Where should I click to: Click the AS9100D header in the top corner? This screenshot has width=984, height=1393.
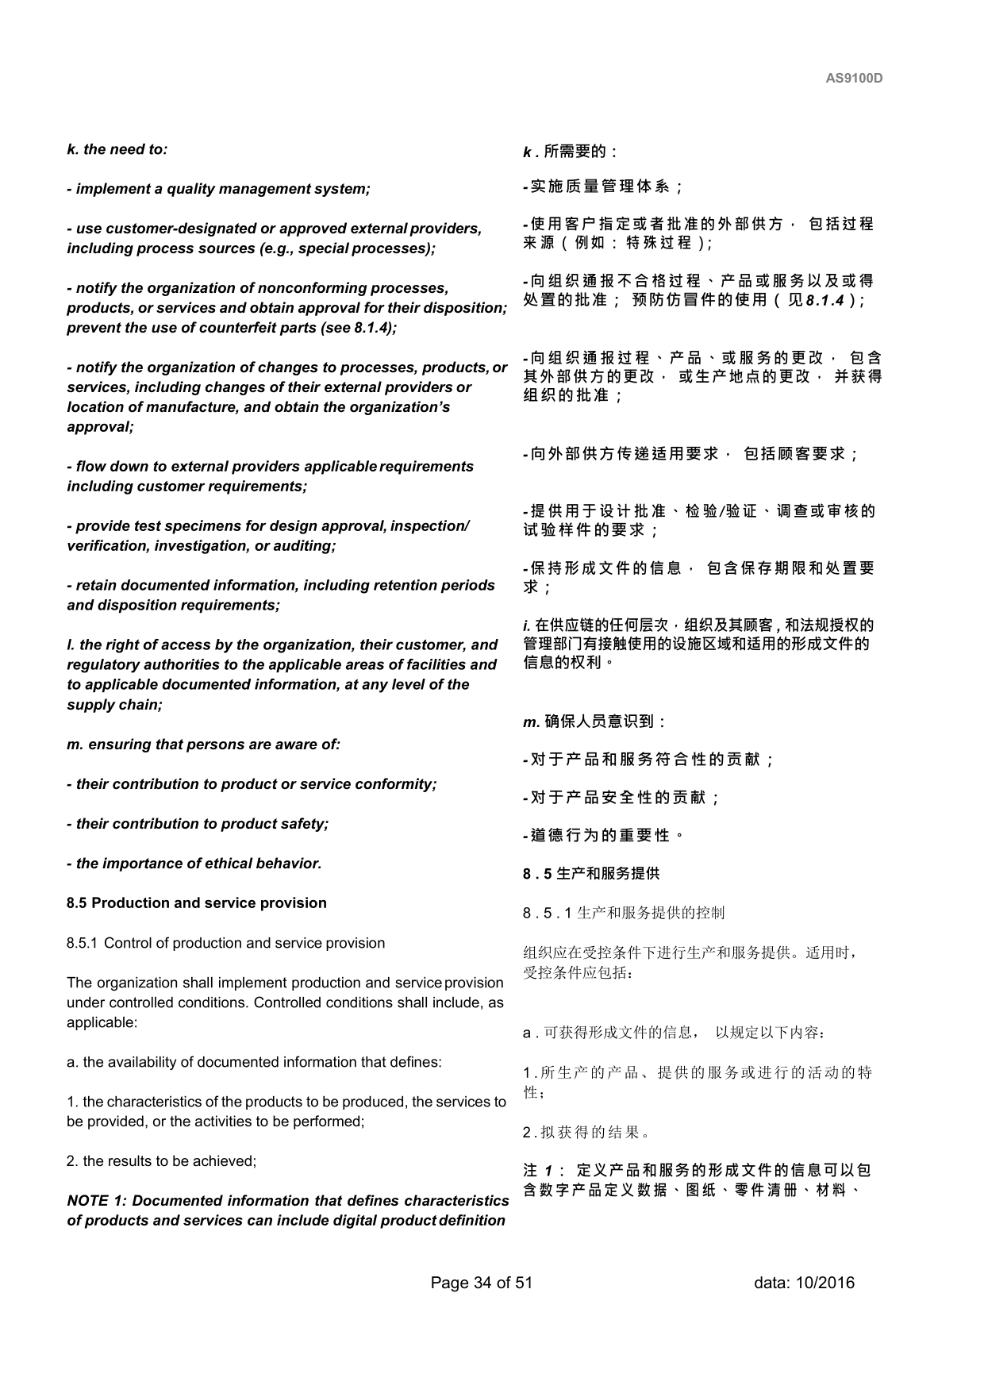854,79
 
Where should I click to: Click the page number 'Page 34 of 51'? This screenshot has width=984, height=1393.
481,1283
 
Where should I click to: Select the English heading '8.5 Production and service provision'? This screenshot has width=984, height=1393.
197,903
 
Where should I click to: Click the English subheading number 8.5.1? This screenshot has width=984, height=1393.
82,943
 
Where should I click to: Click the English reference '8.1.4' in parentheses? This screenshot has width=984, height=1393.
371,328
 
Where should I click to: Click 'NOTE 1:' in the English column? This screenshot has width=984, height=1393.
98,1201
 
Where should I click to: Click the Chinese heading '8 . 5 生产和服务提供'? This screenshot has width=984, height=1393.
591,874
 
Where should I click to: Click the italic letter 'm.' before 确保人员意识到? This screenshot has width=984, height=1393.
532,722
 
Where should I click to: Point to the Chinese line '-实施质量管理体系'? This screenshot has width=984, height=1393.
603,187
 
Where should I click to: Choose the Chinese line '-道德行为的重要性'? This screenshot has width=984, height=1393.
603,836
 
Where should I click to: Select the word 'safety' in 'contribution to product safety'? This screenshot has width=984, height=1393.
304,824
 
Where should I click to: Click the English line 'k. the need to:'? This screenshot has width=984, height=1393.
117,149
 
